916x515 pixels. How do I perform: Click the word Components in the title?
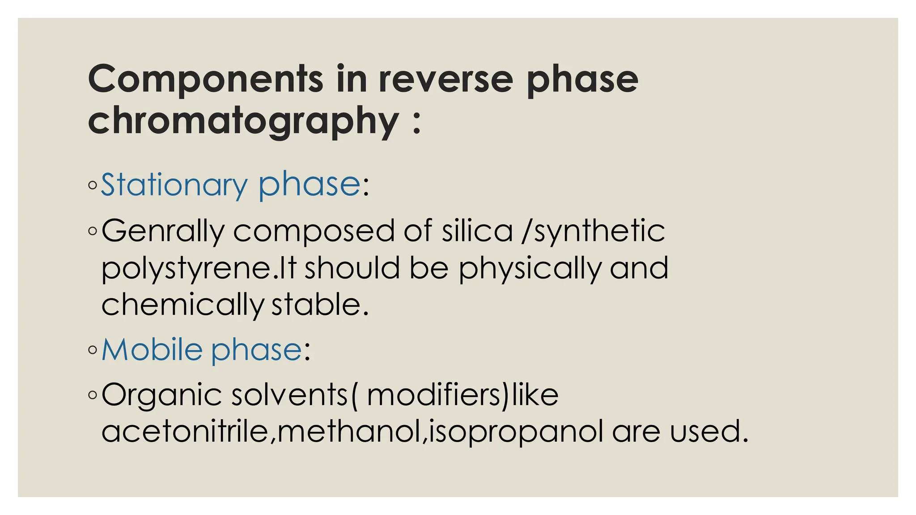click(205, 79)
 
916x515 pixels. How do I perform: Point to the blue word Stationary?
click(174, 184)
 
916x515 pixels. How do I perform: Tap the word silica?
click(477, 231)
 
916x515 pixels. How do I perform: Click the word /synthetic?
click(594, 231)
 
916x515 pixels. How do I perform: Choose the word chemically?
click(183, 305)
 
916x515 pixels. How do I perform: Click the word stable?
click(320, 305)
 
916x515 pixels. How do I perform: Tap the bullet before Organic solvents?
click(93, 395)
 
